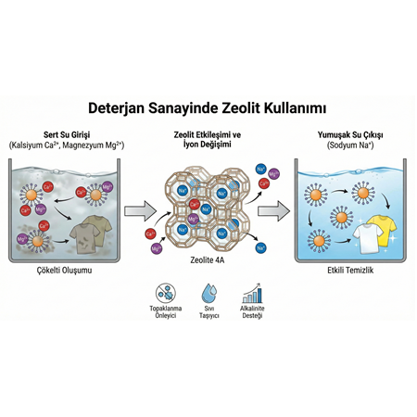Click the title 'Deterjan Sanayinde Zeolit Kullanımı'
point(208,110)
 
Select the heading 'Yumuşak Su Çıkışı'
point(350,135)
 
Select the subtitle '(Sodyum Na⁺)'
point(350,146)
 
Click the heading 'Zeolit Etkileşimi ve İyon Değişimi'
point(208,141)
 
